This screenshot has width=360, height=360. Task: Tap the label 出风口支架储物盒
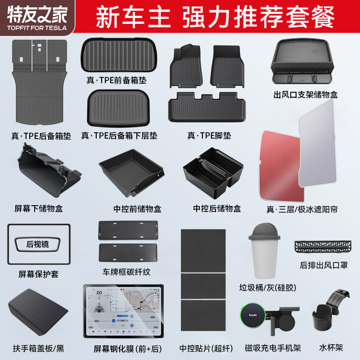[x=306, y=95]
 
